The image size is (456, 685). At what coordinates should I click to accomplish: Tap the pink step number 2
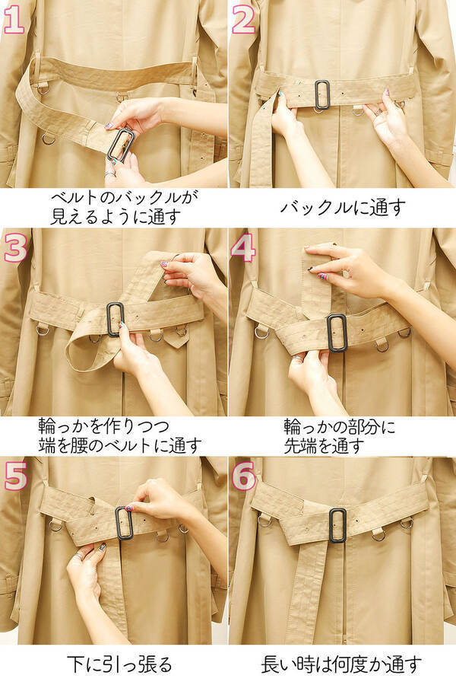243,21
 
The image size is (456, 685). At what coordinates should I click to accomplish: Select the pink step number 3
16,247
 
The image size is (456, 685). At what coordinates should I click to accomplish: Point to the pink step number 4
243,247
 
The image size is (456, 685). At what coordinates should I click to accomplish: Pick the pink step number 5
16,476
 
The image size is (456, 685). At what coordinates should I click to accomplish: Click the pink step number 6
243,476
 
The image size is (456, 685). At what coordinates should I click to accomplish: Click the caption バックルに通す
343,208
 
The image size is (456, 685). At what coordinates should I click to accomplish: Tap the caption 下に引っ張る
119,664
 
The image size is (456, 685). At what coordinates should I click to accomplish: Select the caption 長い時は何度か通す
341,664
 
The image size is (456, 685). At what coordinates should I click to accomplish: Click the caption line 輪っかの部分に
339,427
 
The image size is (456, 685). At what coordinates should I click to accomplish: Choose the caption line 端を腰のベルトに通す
120,445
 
